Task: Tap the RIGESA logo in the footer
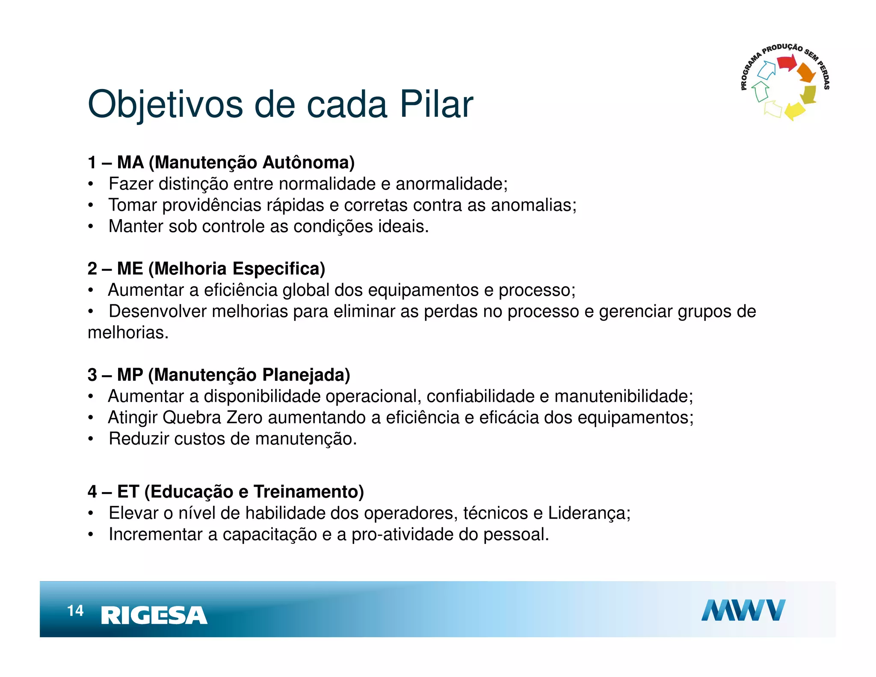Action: (x=154, y=615)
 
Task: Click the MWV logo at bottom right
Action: (x=743, y=610)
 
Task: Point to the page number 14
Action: (x=75, y=611)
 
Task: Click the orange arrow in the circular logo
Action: (x=807, y=73)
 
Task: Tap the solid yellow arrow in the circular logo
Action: (x=795, y=110)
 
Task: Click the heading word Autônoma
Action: (x=308, y=163)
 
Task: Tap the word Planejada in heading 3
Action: (x=306, y=375)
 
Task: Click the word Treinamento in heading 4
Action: (x=308, y=492)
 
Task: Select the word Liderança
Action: (x=589, y=513)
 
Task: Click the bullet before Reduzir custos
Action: (x=91, y=439)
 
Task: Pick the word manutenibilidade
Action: (x=624, y=396)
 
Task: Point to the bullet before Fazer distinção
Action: (x=91, y=184)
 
